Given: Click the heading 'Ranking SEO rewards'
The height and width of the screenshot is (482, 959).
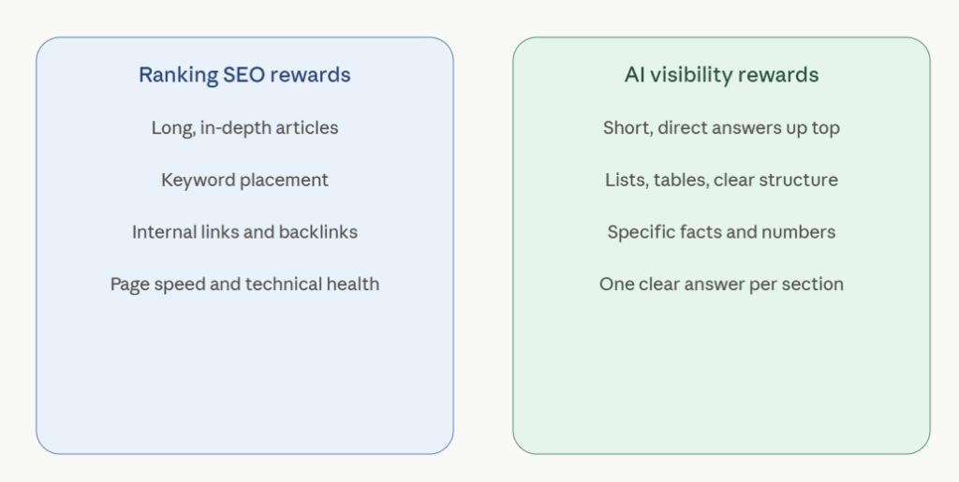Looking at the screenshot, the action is (244, 75).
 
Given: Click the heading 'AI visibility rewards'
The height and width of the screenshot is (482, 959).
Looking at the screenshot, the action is (722, 75).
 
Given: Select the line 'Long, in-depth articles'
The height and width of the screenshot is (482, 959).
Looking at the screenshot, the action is (244, 128).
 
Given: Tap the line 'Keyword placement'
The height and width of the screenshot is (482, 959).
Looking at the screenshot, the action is (244, 181).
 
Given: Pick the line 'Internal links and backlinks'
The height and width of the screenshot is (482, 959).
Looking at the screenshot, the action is (244, 232).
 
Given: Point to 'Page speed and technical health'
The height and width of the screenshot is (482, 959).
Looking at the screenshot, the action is (244, 285).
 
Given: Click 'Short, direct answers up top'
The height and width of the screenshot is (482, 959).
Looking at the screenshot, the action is (722, 128).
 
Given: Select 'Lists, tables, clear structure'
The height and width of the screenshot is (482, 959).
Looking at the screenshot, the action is (722, 181).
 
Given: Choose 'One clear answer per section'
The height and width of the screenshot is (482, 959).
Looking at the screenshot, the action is (722, 285).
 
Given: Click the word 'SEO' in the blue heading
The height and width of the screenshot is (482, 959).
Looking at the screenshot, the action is (244, 75).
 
